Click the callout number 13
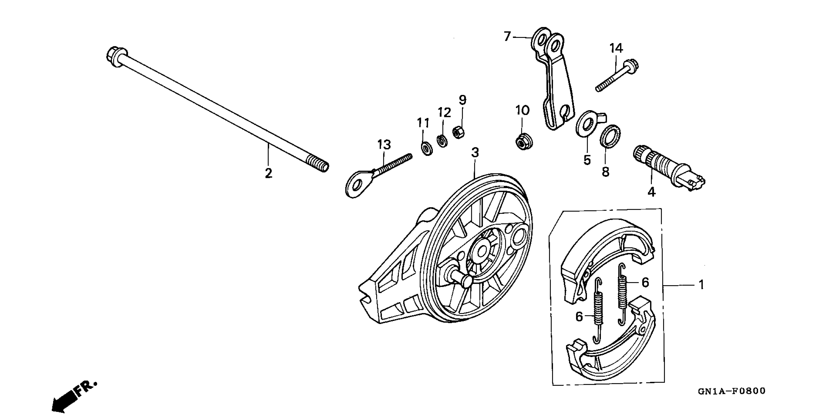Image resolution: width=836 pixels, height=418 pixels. click(384, 144)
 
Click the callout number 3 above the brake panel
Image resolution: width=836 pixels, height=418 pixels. click(475, 152)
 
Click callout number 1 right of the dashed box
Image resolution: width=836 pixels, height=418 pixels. click(701, 285)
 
